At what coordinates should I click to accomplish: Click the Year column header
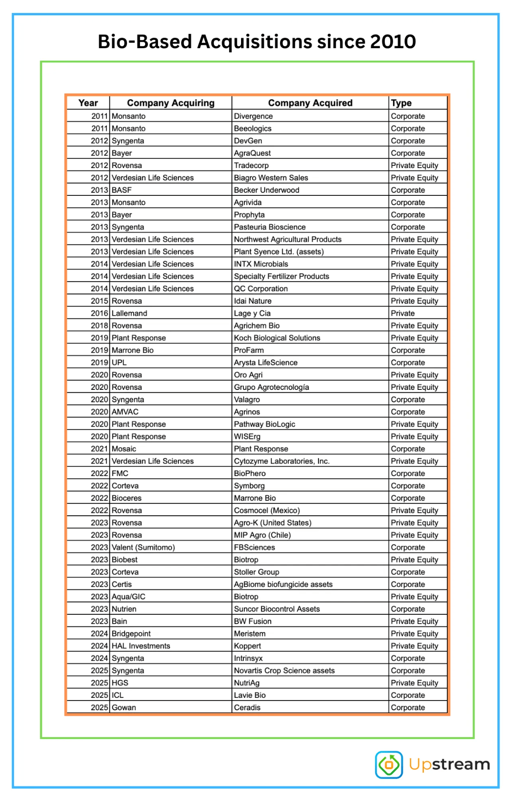point(88,103)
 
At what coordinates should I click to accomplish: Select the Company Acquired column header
point(310,103)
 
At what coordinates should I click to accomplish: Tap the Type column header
point(401,103)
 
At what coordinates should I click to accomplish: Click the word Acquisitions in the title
point(254,42)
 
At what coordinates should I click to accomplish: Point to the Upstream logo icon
point(389,764)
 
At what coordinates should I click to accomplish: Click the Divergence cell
point(253,116)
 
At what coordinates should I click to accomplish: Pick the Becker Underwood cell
point(267,190)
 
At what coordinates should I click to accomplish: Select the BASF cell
point(122,190)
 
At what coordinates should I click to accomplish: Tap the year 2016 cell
point(99,313)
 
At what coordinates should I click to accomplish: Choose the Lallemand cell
point(129,313)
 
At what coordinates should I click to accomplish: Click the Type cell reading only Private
point(403,313)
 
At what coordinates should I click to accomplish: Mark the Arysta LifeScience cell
point(266,363)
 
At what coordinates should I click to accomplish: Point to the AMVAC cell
point(125,412)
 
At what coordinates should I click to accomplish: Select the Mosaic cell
point(124,449)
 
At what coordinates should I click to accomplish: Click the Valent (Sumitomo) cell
point(143,547)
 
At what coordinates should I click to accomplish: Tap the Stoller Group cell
point(256,572)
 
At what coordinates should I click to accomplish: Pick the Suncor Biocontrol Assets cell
point(277,609)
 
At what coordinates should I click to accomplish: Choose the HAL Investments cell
point(141,646)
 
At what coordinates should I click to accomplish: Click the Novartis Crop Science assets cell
point(284,670)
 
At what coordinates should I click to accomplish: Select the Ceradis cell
point(247,707)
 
